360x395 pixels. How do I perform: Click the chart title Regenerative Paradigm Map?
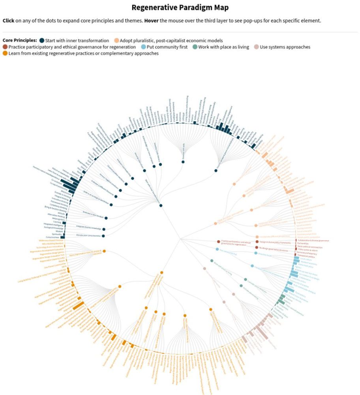180,8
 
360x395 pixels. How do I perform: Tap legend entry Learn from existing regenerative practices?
83,53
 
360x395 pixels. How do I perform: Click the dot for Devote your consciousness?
103,236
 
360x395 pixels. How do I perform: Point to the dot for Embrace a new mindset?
106,218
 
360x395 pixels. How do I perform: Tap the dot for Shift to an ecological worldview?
111,205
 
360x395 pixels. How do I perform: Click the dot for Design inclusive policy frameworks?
257,242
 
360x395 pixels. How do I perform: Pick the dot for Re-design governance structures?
257,247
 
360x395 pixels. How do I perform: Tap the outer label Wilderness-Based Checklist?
51,241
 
